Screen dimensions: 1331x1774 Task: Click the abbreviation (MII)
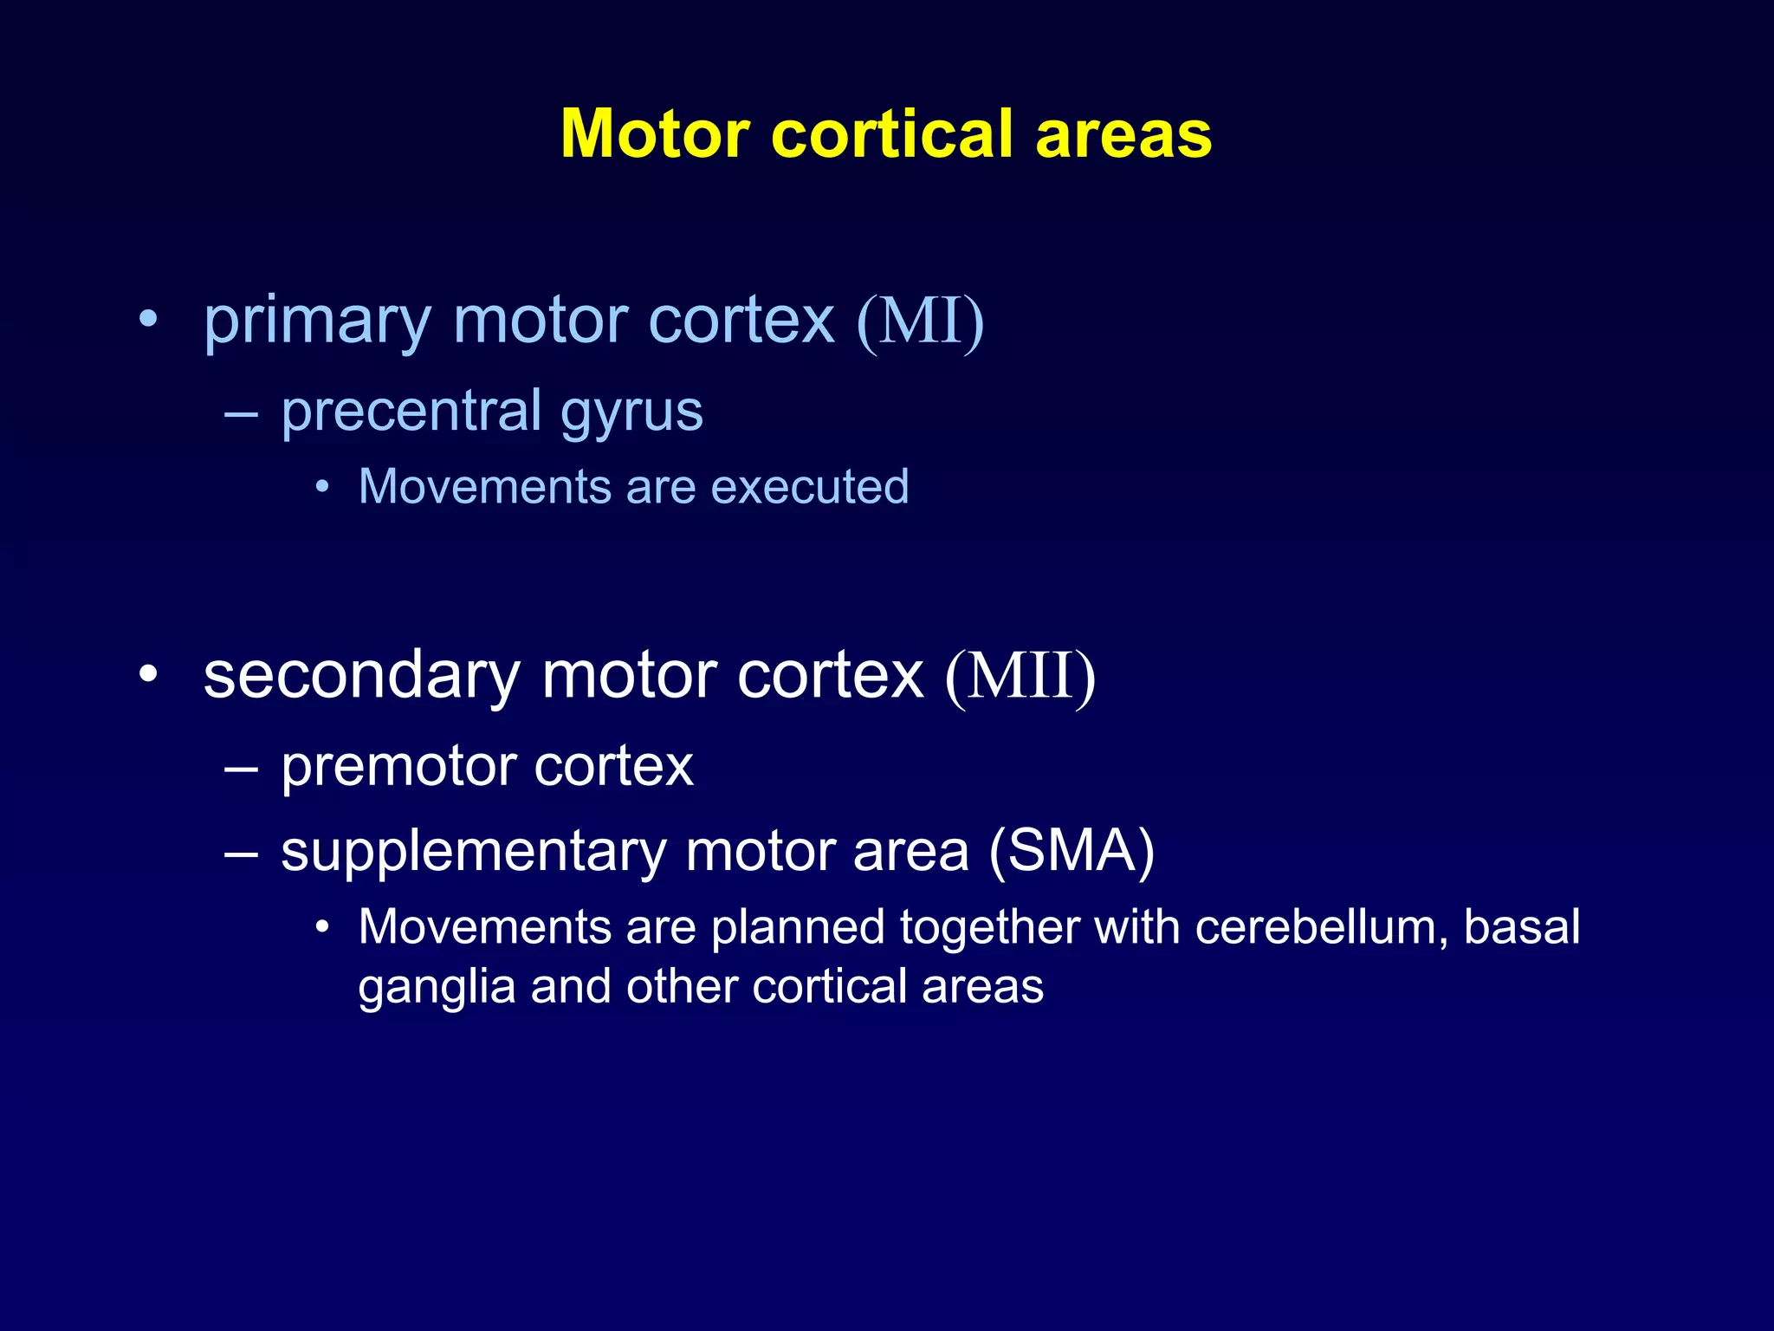1020,677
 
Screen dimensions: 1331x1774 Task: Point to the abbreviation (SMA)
1072,851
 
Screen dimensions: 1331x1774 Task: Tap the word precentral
411,411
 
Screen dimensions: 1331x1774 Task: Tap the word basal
1522,926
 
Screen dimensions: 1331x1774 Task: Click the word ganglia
437,989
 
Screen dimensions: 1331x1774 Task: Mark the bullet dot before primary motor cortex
149,319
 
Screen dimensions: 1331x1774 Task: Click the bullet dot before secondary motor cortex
149,673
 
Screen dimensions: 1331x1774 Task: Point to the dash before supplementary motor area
241,854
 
